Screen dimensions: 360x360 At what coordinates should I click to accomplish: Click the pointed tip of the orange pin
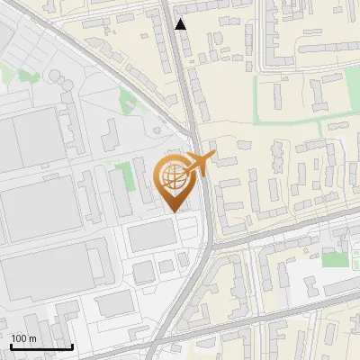click(175, 211)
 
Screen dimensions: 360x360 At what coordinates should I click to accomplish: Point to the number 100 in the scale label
click(19, 338)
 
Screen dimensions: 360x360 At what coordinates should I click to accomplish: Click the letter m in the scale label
click(32, 338)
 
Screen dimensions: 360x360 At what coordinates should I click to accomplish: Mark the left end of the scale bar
click(10, 346)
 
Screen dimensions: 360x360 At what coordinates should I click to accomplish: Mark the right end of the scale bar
click(72, 346)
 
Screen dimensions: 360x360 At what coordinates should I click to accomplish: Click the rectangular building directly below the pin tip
click(151, 236)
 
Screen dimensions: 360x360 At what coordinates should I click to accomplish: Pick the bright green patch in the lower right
click(334, 260)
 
